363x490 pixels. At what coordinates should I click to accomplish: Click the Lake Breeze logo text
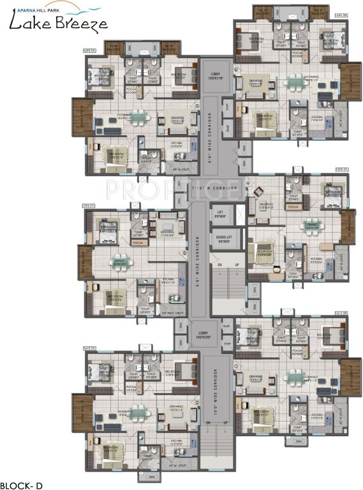click(x=54, y=24)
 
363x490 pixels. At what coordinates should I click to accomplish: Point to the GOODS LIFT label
click(x=224, y=239)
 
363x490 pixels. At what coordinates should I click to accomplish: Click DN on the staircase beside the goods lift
click(x=218, y=264)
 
